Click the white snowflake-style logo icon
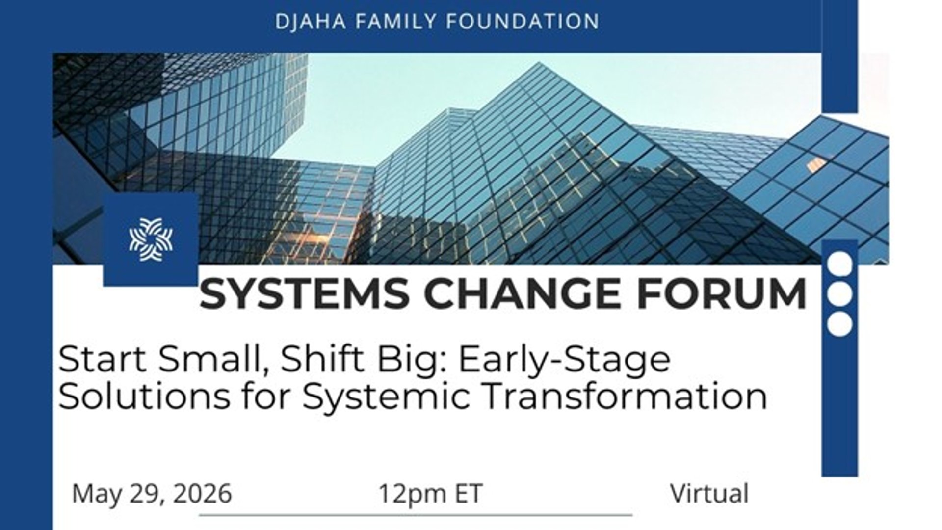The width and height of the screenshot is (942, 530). pyautogui.click(x=151, y=239)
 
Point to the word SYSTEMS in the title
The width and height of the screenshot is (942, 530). pyautogui.click(x=305, y=293)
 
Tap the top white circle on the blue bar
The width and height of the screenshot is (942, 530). pyautogui.click(x=840, y=264)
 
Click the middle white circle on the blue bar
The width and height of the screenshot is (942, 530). pyautogui.click(x=840, y=293)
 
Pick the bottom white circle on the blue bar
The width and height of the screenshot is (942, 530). pyautogui.click(x=840, y=324)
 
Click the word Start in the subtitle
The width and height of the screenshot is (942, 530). pyautogui.click(x=103, y=359)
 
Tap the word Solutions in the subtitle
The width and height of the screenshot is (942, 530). pyautogui.click(x=144, y=397)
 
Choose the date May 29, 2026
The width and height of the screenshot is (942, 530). pyautogui.click(x=152, y=494)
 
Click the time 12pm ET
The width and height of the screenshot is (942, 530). pyautogui.click(x=431, y=494)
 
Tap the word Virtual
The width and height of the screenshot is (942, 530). pyautogui.click(x=709, y=493)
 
